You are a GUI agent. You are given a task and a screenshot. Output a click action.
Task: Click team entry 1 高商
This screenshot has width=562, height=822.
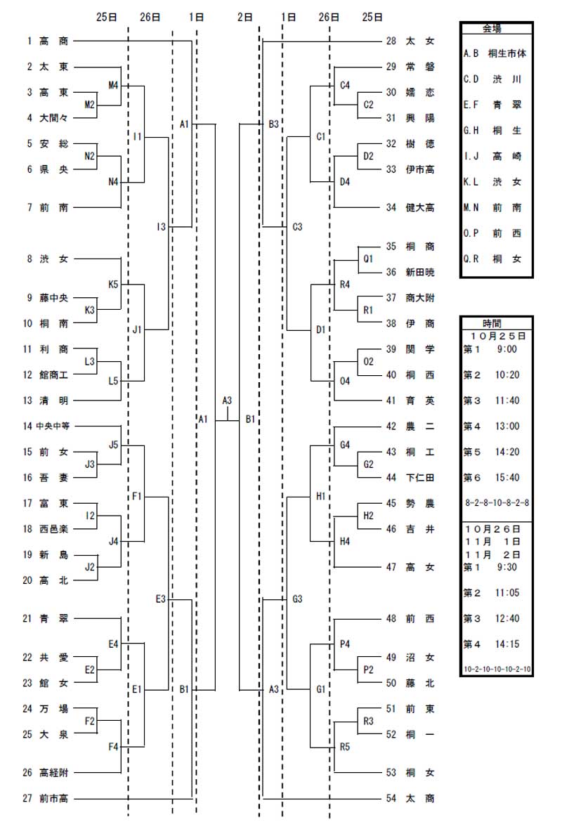point(47,41)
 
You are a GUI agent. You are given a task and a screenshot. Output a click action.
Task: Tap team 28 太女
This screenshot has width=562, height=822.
point(410,41)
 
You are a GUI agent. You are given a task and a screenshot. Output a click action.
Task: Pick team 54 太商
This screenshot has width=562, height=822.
point(410,798)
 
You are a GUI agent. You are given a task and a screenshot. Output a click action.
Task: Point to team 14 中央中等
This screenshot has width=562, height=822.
point(46,426)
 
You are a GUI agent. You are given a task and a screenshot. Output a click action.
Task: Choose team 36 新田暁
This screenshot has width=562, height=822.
point(410,272)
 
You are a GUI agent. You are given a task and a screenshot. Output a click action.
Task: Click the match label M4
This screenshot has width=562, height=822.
point(113,85)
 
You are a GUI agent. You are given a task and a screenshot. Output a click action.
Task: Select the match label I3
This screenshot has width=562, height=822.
point(161,226)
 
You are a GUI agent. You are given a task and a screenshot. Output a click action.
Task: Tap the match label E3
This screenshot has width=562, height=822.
point(160,599)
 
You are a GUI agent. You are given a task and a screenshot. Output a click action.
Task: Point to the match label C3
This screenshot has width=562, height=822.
point(297,226)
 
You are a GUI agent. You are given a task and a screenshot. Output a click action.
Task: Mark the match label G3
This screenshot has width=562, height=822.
point(297,599)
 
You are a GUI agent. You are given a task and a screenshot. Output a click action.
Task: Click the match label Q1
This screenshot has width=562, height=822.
point(368,259)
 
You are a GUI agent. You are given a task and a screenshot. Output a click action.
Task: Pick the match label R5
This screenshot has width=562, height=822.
point(344,747)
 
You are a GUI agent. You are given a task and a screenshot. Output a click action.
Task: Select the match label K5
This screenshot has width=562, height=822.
point(113,285)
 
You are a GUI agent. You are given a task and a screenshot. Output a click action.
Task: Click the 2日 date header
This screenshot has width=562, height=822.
point(245,18)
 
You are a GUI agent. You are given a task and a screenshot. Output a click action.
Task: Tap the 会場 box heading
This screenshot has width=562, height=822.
point(492,29)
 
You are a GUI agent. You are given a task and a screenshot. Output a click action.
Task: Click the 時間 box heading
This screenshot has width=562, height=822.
point(492,323)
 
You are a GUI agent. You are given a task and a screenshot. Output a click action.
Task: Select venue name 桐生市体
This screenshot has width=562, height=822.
point(507,53)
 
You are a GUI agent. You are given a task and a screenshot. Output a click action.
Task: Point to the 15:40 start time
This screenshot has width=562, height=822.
point(507,478)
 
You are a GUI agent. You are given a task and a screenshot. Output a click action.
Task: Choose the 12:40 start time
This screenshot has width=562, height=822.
point(507,618)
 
